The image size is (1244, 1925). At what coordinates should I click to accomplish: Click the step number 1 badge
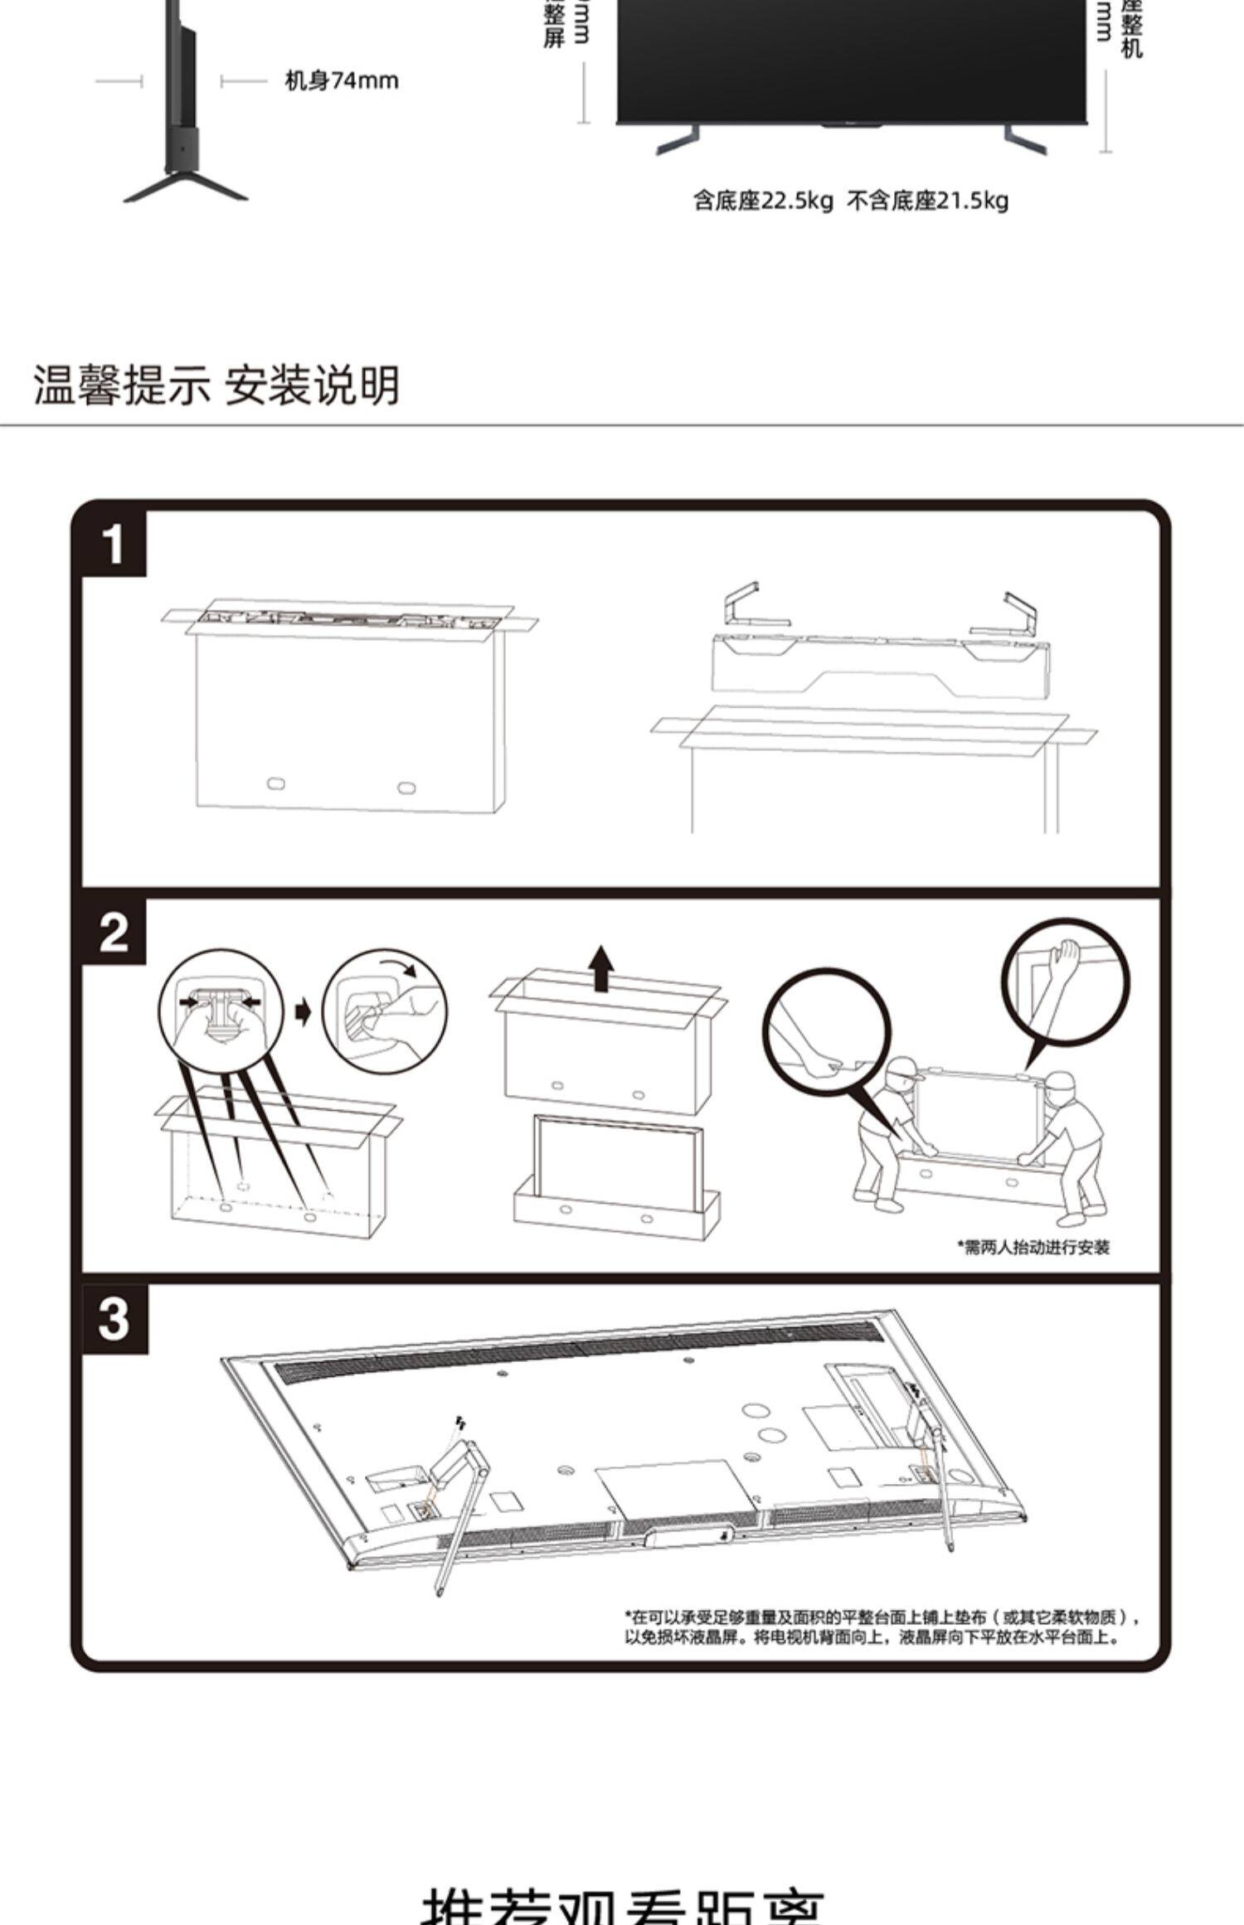tap(114, 545)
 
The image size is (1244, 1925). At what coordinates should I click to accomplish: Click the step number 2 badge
tap(114, 933)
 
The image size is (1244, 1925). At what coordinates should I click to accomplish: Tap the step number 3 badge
tap(114, 1318)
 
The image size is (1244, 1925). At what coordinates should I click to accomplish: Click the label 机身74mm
tap(341, 80)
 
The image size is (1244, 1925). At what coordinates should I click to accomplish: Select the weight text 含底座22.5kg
tap(762, 201)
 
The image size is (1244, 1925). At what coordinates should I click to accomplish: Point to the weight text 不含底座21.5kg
tap(927, 201)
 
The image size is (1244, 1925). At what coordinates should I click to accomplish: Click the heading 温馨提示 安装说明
tap(216, 385)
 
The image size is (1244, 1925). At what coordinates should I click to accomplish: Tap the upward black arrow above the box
tap(602, 967)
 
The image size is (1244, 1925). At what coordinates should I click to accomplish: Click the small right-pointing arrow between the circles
tap(303, 1011)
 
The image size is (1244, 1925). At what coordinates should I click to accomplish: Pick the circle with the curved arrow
tap(384, 1009)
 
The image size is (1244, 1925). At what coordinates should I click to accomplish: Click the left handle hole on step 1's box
tap(275, 783)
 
